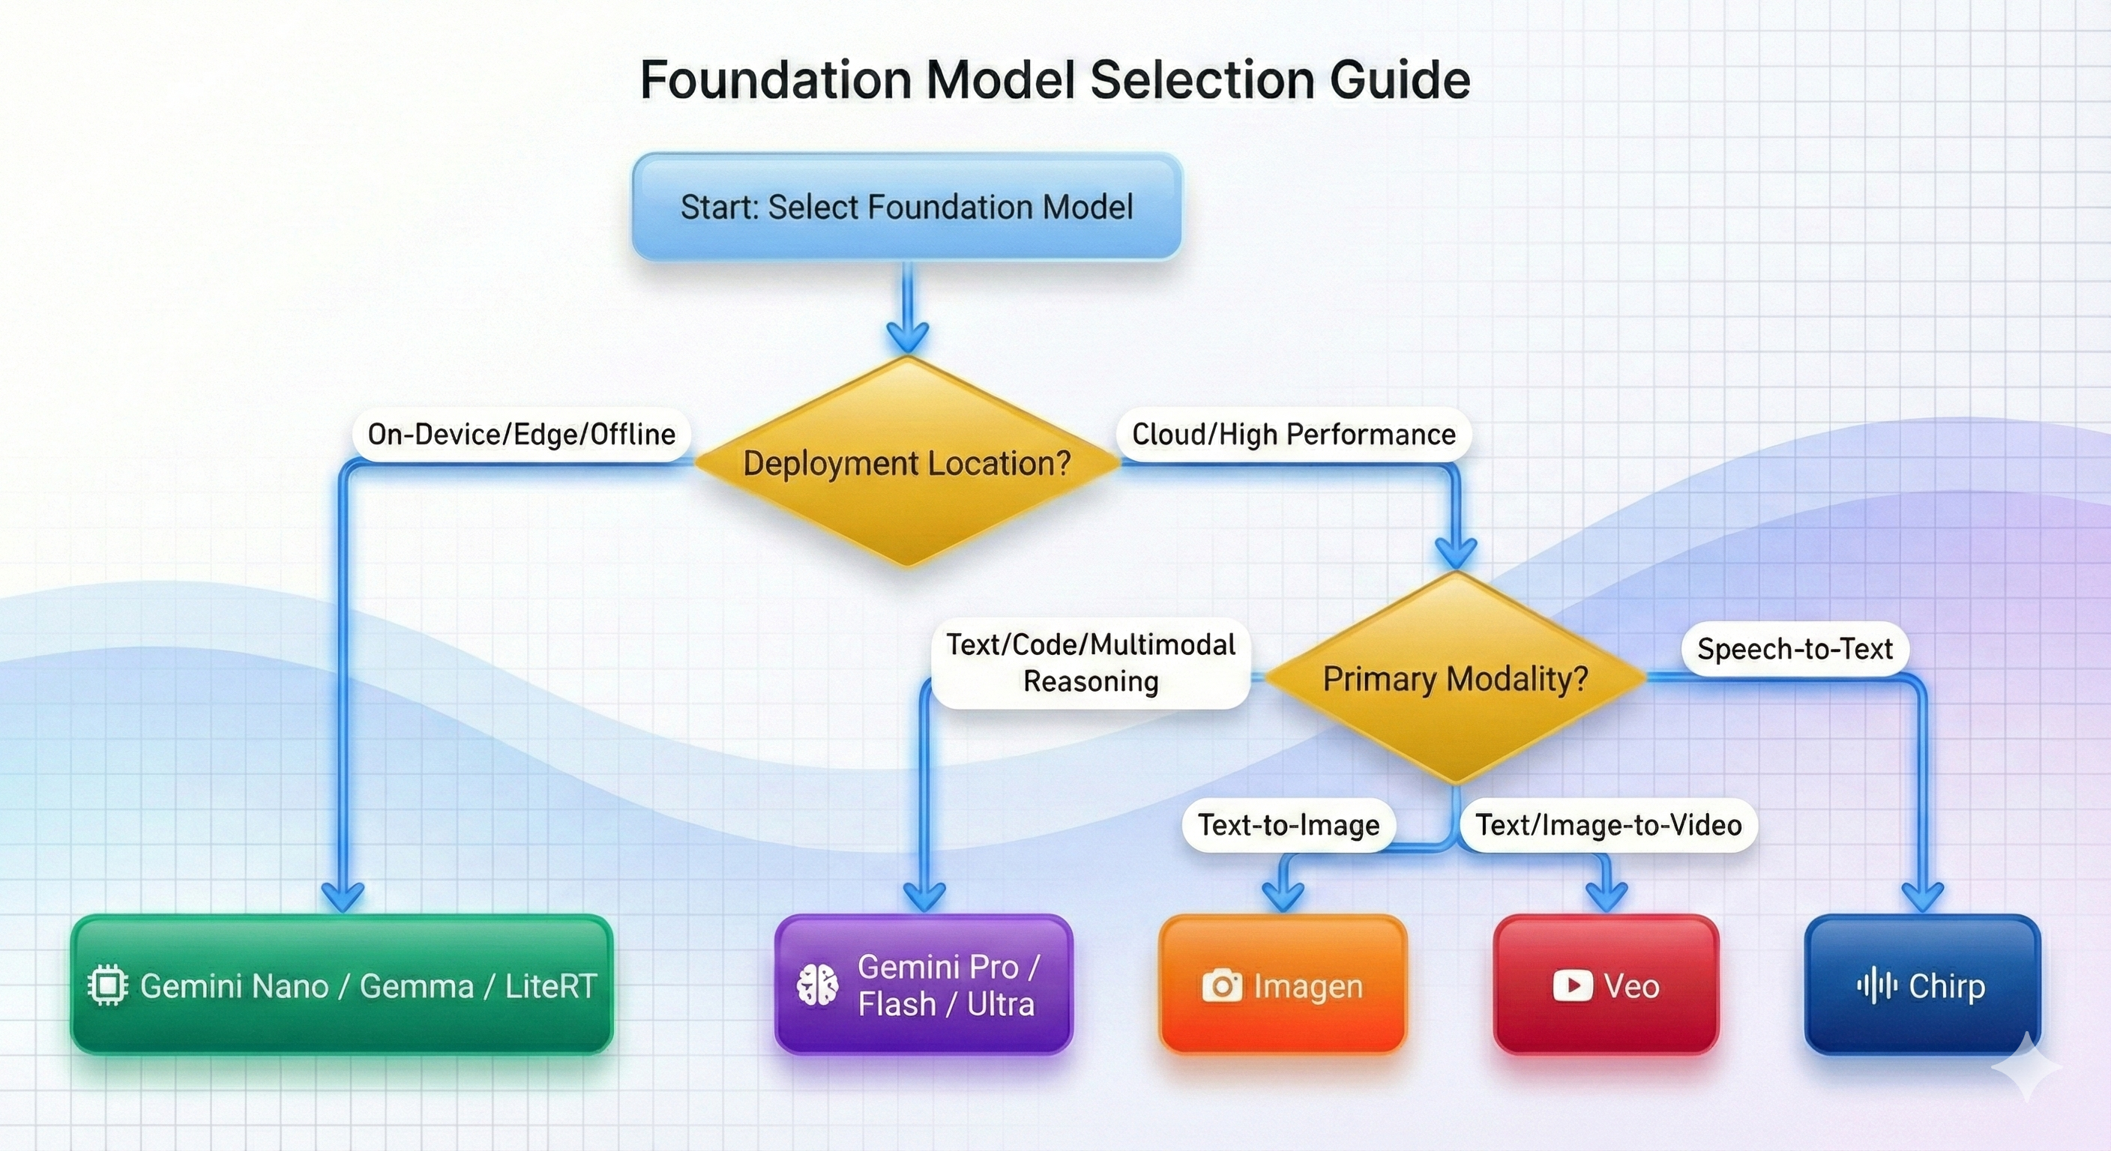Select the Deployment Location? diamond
[906, 463]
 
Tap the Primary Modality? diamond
[1455, 678]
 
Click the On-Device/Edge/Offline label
[521, 434]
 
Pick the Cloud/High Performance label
[1293, 434]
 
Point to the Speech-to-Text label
[1795, 649]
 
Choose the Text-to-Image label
[1288, 825]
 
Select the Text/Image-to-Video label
[1608, 825]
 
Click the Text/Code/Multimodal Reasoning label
[1090, 662]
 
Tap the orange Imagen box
[1283, 985]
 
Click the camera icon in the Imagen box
[1222, 985]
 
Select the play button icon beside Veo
[1573, 985]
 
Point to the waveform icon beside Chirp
[1876, 985]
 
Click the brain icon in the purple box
[817, 985]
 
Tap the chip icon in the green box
[107, 985]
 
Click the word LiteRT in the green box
[551, 986]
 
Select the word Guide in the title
[1400, 80]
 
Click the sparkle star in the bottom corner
[2026, 1066]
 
